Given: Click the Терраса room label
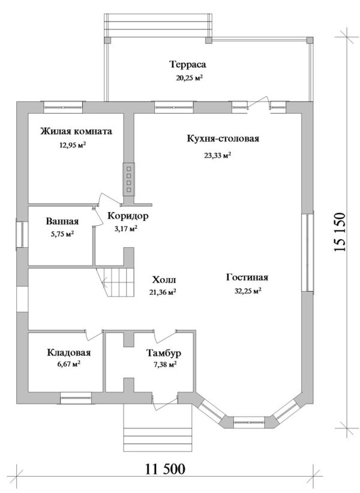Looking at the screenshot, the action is click(x=188, y=64).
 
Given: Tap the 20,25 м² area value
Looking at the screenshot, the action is click(x=189, y=78).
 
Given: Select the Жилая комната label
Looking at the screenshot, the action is click(x=76, y=131).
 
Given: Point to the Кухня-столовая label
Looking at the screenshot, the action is click(x=223, y=139).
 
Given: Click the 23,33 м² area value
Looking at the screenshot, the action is click(x=218, y=156).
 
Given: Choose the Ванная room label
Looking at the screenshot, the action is click(x=62, y=222).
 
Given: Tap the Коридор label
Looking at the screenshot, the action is click(x=128, y=216).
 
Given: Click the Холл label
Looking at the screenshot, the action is click(x=164, y=280).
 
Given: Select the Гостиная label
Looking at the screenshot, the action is click(x=247, y=277).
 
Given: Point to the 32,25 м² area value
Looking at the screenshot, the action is click(x=248, y=291).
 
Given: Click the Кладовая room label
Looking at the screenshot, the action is click(x=69, y=352).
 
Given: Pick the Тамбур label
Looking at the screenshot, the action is click(x=163, y=353).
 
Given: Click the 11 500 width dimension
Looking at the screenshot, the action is click(x=165, y=470).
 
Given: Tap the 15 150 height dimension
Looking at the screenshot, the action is click(x=340, y=232).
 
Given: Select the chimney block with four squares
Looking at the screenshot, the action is click(x=129, y=179).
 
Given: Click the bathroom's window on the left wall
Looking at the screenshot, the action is click(x=22, y=235).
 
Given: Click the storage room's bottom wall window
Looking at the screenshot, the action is click(x=76, y=398).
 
